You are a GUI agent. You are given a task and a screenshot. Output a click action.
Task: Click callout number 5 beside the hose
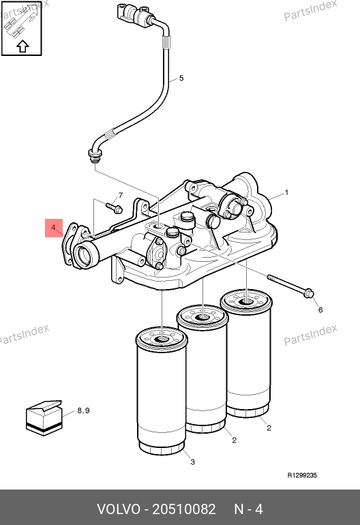coord(181,78)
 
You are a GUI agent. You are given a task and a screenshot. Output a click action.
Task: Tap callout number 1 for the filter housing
coord(286,192)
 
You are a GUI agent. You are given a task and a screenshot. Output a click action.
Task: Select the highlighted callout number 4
coord(53,228)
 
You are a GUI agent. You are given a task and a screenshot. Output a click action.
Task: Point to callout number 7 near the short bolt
coord(121,195)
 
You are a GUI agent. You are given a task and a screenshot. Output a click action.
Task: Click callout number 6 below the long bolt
coord(320,310)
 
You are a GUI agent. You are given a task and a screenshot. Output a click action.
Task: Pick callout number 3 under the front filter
coord(192,462)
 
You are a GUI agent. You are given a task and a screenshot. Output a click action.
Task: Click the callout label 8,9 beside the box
coord(83,410)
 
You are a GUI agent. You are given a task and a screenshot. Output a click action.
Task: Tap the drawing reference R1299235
coord(302,475)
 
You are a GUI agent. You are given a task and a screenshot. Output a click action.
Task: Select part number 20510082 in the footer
coord(184,509)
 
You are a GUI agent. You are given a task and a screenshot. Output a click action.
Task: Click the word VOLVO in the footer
coord(119,509)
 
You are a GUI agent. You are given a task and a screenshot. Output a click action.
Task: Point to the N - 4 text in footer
coord(248,509)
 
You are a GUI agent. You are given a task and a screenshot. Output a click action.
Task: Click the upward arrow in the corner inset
coord(22,46)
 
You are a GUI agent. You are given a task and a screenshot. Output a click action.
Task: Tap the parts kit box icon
coord(44,418)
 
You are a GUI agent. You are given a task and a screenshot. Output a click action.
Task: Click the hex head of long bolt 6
coord(309,293)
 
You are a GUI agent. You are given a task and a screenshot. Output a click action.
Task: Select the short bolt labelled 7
coord(114,207)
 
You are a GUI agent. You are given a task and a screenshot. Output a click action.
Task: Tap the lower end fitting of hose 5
coord(95,156)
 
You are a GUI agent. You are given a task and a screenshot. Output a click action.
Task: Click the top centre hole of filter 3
coord(162,340)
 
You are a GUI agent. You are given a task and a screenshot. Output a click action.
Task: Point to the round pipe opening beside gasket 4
coord(83,256)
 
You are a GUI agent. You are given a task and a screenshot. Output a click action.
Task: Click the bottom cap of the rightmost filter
coord(247,411)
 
